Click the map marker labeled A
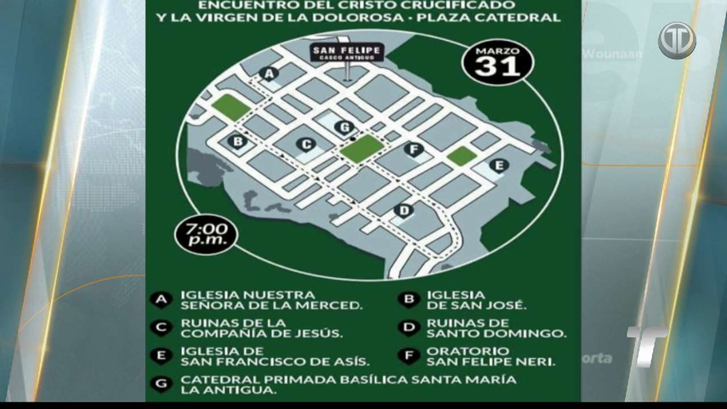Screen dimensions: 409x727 tap(270, 75)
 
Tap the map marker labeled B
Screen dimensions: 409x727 tap(238, 141)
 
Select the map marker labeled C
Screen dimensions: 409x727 tap(304, 145)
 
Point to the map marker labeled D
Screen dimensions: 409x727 tap(405, 210)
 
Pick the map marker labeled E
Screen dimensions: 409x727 tap(499, 165)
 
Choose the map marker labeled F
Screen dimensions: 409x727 tap(414, 151)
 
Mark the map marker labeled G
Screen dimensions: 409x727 tap(344, 128)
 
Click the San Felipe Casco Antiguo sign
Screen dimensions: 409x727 tap(347, 54)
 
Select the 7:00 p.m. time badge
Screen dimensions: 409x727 tap(204, 234)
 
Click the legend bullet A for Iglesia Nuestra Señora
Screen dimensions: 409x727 tap(160, 299)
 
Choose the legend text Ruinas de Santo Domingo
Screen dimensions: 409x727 tap(496, 328)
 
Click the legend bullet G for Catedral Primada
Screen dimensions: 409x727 tap(160, 384)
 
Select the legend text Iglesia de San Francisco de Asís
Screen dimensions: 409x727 tap(275, 356)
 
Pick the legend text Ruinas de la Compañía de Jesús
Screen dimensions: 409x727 tap(261, 328)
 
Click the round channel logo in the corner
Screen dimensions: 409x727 tap(677, 41)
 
